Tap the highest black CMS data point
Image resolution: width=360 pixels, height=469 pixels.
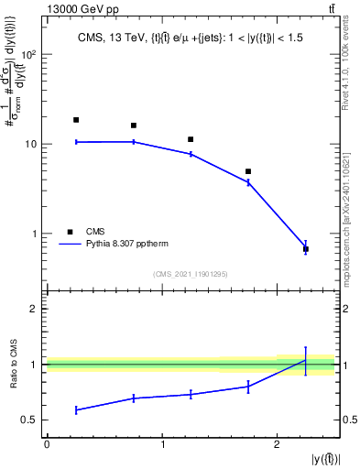point(76,120)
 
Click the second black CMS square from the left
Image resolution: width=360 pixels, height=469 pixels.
point(134,125)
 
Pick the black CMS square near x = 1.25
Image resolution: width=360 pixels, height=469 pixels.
point(191,139)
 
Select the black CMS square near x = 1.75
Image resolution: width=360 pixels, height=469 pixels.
point(248,171)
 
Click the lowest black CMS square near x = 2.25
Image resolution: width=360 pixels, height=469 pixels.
point(306,249)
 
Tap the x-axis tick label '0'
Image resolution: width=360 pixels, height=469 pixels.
point(47,444)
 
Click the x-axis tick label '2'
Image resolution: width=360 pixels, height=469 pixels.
point(277,444)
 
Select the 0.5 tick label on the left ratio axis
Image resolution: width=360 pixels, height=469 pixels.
point(31,420)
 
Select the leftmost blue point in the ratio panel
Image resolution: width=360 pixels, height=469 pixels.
point(76,409)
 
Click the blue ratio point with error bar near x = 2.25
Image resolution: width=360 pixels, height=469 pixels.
point(306,360)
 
